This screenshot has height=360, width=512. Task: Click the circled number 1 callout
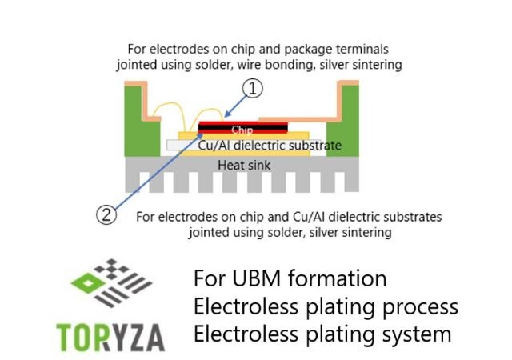pyautogui.click(x=252, y=90)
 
